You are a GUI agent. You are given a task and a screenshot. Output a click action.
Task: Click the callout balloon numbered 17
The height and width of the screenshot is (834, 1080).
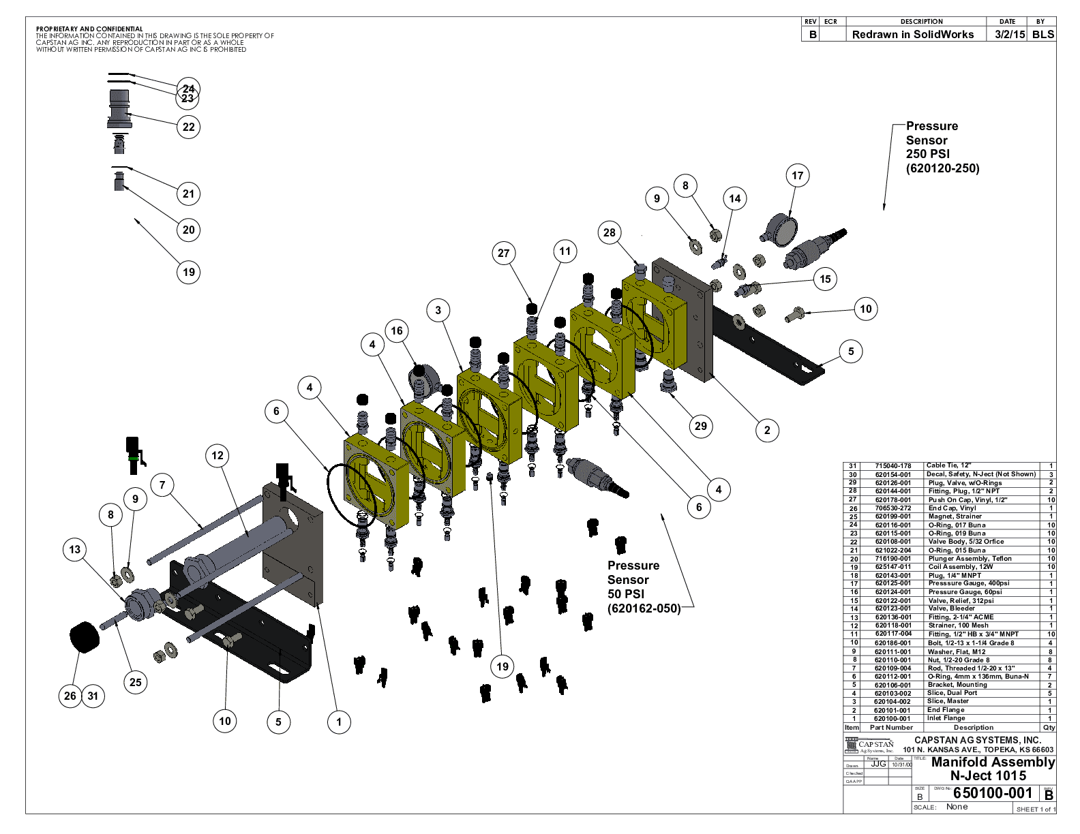(797, 176)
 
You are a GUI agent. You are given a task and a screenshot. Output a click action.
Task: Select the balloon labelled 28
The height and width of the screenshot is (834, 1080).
(610, 232)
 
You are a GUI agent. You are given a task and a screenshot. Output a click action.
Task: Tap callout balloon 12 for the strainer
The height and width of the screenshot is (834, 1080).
(217, 456)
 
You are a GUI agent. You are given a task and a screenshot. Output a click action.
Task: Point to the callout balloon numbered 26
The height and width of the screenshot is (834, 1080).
(70, 696)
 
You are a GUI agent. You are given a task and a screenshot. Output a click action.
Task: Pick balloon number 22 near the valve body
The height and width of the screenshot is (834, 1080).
(188, 127)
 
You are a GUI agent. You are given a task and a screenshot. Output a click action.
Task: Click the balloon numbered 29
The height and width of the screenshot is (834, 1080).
(701, 427)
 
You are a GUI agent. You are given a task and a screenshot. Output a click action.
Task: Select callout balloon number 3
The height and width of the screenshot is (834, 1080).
(438, 311)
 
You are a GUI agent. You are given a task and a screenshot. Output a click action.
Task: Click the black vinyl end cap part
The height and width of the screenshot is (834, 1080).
(85, 636)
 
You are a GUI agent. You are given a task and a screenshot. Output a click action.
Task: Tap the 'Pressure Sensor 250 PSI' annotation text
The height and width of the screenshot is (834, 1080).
(942, 147)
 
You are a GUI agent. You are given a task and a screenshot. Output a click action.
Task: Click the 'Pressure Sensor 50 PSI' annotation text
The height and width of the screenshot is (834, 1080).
(643, 587)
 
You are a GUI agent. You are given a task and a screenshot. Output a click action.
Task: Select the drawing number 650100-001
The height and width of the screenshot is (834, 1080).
(992, 792)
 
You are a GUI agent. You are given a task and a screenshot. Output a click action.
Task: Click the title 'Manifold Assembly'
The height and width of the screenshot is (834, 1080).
(993, 762)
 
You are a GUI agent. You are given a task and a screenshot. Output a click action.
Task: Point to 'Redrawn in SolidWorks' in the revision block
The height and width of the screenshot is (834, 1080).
(913, 35)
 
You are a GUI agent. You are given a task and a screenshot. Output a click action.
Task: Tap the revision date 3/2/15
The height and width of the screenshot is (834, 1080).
(1010, 35)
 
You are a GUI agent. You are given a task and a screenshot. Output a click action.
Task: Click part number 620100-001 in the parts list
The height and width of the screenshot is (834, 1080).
(892, 718)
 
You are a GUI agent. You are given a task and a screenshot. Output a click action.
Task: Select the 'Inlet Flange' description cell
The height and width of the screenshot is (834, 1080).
(946, 718)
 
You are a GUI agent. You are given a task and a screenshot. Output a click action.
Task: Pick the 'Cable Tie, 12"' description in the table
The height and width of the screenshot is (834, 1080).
(948, 465)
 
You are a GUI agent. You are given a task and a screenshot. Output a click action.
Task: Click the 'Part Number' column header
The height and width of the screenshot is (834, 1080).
(891, 727)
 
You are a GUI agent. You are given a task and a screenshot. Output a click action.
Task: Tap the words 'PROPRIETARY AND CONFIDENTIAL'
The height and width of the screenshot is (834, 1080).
(89, 29)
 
